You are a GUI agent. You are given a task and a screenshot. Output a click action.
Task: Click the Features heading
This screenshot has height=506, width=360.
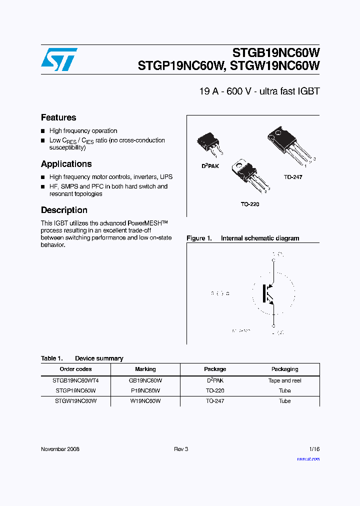point(58,117)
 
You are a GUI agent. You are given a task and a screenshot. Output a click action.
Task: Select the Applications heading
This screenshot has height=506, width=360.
point(66,164)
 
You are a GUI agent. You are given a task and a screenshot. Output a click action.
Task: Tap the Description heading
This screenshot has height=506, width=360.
point(64,210)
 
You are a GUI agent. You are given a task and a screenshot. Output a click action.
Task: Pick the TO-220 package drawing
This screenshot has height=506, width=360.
point(248,177)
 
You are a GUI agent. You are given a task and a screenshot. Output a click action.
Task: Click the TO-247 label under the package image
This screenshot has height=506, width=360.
point(293,177)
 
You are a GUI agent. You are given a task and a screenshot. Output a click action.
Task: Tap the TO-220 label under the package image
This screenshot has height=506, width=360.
point(250,204)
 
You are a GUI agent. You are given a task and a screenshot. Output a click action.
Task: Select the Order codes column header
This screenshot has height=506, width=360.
point(75,369)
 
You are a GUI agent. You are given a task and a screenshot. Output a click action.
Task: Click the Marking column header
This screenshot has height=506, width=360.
point(145,369)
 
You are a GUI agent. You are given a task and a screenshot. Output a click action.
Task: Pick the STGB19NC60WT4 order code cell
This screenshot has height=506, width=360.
point(75,380)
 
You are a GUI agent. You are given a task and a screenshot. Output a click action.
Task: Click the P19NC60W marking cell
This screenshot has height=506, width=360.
point(145,390)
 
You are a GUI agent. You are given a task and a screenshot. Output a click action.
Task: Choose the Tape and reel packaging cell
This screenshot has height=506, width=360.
point(284,380)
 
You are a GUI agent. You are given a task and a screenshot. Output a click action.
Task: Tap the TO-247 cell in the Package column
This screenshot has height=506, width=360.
point(215,400)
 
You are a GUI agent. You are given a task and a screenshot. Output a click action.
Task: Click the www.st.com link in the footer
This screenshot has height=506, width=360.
point(308,458)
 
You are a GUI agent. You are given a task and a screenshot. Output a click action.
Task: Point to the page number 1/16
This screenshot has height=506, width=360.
point(314,449)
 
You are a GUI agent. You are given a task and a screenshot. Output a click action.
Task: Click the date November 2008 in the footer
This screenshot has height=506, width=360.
point(60,449)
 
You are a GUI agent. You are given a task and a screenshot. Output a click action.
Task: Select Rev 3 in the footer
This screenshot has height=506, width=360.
point(181,449)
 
